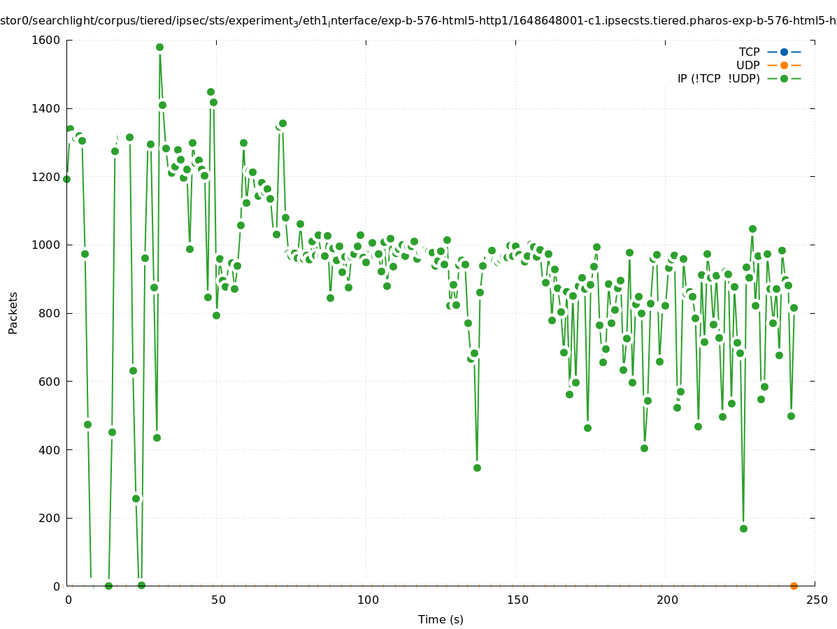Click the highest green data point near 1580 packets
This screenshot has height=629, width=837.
click(159, 48)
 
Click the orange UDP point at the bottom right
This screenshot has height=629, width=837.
click(794, 586)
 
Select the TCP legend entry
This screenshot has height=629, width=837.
click(749, 52)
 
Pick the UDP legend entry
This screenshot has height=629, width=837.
click(747, 65)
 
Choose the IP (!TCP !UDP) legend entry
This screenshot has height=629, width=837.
click(718, 78)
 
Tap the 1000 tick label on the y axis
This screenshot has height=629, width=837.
click(47, 245)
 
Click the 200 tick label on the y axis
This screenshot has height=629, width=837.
click(50, 518)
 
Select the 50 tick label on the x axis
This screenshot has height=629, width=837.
click(217, 600)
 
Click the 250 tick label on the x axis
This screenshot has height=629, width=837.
click(817, 600)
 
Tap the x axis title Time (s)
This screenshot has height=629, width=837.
click(441, 619)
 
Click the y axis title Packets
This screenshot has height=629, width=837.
click(13, 312)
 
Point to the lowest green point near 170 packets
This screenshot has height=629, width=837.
click(743, 528)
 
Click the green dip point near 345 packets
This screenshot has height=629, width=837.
click(477, 468)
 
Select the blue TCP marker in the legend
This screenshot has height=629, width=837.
click(784, 52)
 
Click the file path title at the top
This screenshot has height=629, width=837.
click(418, 21)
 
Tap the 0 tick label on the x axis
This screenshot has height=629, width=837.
click(68, 600)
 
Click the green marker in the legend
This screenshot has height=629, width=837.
click(784, 78)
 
